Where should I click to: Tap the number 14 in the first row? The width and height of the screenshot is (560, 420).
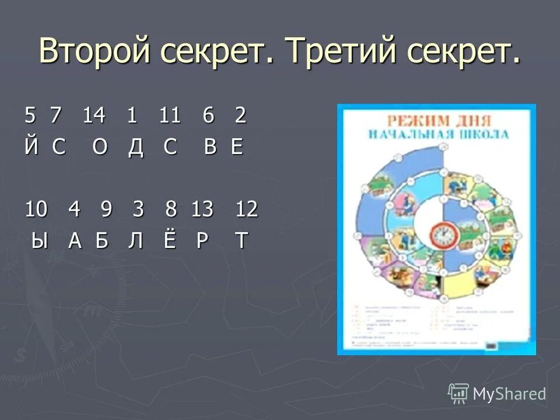coord(93,116)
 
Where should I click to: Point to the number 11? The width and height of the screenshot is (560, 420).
coord(170,116)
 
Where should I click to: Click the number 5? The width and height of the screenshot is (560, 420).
coord(30,116)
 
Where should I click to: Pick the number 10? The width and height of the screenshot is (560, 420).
coord(36,209)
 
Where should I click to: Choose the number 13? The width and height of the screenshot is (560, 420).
coord(202,209)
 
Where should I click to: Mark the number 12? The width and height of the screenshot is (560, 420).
coord(246,209)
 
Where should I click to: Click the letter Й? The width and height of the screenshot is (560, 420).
coord(31,147)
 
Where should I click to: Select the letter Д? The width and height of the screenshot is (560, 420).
coord(135,147)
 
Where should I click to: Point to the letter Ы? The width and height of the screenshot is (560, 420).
coord(39,240)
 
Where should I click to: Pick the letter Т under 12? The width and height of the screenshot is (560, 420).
coord(240,240)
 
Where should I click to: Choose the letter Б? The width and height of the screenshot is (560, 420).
coord(103,240)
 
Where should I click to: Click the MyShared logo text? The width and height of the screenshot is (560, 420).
coord(509,394)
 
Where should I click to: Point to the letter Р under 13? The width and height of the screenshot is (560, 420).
coord(202,240)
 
